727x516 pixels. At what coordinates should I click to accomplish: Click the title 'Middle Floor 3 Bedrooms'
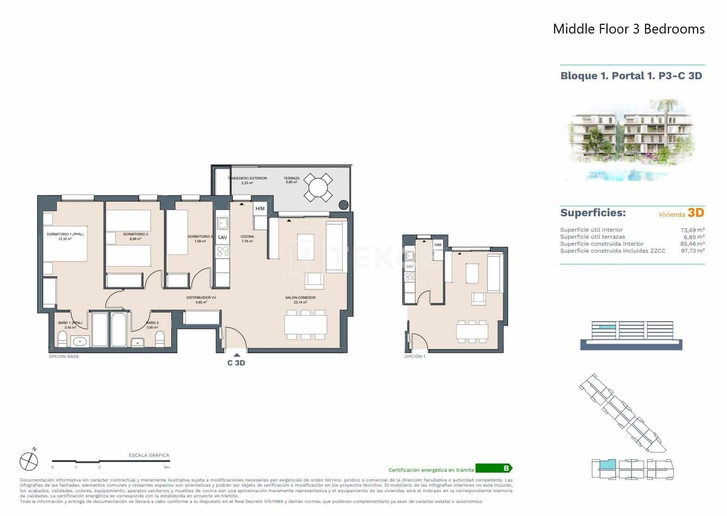click(628, 29)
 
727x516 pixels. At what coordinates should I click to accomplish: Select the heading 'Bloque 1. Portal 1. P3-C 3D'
click(631, 76)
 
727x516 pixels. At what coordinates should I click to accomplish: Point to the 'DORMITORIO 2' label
click(136, 234)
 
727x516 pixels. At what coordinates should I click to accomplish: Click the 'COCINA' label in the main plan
click(247, 236)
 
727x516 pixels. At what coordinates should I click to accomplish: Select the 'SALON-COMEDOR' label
click(300, 297)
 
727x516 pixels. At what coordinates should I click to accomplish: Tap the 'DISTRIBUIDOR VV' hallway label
click(201, 297)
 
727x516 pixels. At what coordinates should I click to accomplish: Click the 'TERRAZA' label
click(292, 178)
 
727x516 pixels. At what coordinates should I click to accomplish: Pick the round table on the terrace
click(319, 188)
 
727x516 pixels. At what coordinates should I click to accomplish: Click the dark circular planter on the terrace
click(343, 204)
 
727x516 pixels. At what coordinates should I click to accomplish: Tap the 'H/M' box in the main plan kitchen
click(260, 208)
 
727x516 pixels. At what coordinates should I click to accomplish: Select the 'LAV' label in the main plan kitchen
click(223, 237)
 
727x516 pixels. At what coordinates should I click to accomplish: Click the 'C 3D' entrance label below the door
click(236, 363)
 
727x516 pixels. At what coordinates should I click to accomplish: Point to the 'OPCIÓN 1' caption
click(415, 357)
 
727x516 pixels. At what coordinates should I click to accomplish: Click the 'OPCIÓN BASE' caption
click(64, 357)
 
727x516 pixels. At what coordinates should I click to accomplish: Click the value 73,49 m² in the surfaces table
click(692, 230)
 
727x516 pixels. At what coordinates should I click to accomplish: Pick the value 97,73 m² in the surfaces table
click(692, 251)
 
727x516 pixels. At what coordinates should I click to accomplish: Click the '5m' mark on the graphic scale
click(166, 467)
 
